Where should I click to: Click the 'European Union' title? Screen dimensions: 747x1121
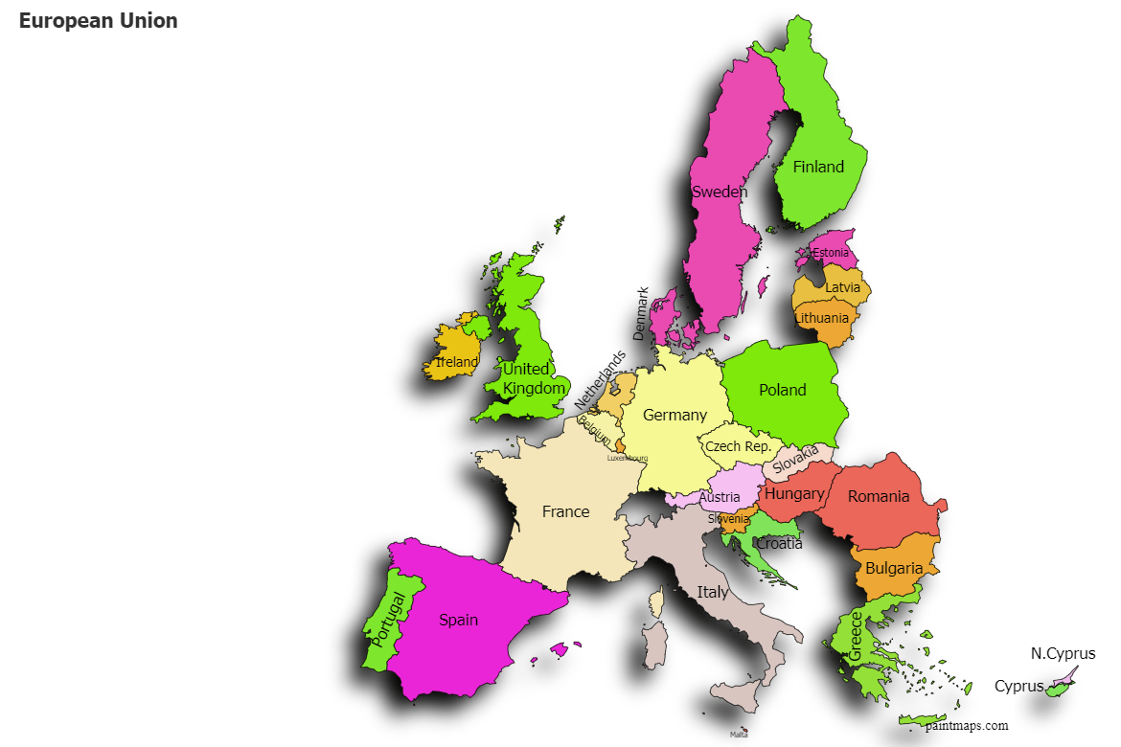pos(98,21)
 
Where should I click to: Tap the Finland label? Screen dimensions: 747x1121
pos(818,167)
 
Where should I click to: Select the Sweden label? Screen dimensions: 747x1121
pos(719,192)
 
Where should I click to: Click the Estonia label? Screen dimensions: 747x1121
pos(830,253)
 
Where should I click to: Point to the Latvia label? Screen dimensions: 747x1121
pos(843,287)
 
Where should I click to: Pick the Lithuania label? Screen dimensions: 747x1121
pos(821,318)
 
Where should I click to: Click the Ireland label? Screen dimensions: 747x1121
pos(456,363)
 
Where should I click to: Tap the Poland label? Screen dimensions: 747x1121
pos(783,390)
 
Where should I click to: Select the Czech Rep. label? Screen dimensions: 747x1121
pos(738,446)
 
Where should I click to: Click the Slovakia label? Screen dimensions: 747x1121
pos(795,459)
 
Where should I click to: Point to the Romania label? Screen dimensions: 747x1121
pos(879,496)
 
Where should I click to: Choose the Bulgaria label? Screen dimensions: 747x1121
pos(894,568)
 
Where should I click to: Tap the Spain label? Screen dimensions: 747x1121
pos(458,620)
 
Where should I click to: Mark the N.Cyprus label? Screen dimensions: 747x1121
pos(1063,654)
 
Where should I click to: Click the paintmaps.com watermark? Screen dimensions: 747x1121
pos(967,726)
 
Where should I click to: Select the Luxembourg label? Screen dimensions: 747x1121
pos(628,458)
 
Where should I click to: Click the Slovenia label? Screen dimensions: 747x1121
pos(729,519)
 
